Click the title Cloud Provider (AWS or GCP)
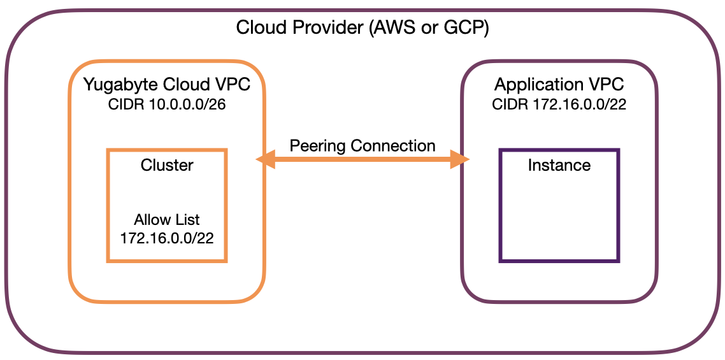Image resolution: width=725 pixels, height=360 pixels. [x=362, y=28]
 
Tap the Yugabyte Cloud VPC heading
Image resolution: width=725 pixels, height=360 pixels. [x=167, y=85]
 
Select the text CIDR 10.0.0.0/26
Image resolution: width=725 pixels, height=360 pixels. [x=167, y=104]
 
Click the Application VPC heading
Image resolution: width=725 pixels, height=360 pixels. [x=559, y=85]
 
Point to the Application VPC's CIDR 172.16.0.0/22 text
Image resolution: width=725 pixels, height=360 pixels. [x=559, y=104]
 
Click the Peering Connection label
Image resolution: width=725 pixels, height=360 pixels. [x=362, y=145]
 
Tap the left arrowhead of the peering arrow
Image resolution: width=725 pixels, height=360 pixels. [x=264, y=160]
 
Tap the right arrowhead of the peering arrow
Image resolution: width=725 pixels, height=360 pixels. [x=461, y=160]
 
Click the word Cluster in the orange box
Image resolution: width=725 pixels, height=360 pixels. [x=167, y=166]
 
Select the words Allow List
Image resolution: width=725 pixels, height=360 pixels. [x=167, y=220]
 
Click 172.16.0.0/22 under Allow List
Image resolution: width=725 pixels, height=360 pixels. [x=167, y=238]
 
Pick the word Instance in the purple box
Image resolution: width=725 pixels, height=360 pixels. [x=559, y=166]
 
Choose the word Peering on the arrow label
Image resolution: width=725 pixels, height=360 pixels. [x=317, y=146]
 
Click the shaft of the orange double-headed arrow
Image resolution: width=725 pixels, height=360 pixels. [x=362, y=160]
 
